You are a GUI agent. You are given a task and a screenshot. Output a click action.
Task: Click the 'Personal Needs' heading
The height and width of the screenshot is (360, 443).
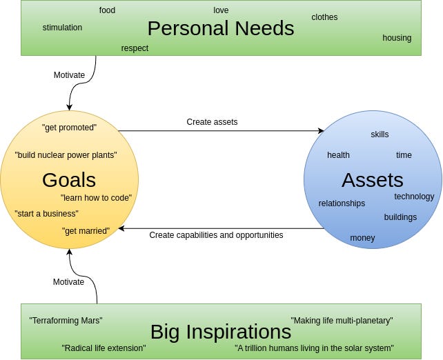tap(220, 28)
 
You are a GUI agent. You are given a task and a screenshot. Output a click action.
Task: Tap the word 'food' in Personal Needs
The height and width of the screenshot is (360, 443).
tap(107, 10)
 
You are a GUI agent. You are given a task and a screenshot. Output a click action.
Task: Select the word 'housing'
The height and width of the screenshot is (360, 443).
tap(397, 38)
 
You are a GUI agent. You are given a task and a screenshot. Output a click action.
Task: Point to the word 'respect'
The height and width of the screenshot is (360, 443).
tap(135, 48)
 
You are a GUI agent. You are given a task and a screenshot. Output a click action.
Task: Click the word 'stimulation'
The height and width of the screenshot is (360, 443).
tap(62, 28)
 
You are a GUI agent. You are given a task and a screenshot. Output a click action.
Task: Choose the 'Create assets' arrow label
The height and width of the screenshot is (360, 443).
tap(212, 122)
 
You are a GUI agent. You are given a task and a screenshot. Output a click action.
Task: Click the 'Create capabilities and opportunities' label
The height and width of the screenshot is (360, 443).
tap(216, 235)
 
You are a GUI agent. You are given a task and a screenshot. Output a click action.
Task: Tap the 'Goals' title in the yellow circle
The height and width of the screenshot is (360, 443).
tap(69, 180)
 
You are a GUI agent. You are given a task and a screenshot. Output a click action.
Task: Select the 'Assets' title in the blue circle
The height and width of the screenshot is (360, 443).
tap(372, 180)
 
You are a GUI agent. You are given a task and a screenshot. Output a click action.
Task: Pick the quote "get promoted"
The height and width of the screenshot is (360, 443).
tap(69, 128)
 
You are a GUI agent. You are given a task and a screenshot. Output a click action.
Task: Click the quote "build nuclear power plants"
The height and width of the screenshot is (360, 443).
tap(66, 155)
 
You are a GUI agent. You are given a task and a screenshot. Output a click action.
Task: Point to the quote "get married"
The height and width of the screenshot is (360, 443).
tap(86, 231)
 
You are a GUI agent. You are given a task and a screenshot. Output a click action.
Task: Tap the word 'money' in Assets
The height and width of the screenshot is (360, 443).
tap(362, 238)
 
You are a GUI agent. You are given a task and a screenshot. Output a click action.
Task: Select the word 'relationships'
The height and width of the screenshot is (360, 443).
tap(342, 203)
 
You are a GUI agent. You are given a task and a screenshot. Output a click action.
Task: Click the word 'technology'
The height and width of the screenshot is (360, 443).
tap(414, 197)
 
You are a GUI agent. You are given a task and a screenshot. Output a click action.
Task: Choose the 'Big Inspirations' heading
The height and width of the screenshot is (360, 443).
tap(220, 331)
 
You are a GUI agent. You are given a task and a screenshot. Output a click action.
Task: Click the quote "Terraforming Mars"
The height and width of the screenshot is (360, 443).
tap(66, 321)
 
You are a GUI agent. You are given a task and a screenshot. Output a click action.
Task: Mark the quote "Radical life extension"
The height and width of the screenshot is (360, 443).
tap(104, 348)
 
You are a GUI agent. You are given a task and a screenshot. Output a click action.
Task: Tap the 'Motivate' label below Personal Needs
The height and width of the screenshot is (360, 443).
tap(69, 75)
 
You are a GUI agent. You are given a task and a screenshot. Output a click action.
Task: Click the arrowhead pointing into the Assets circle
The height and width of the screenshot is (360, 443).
tap(321, 130)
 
